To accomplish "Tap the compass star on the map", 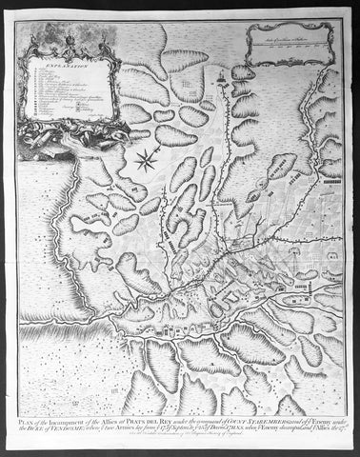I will click(x=146, y=159).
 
